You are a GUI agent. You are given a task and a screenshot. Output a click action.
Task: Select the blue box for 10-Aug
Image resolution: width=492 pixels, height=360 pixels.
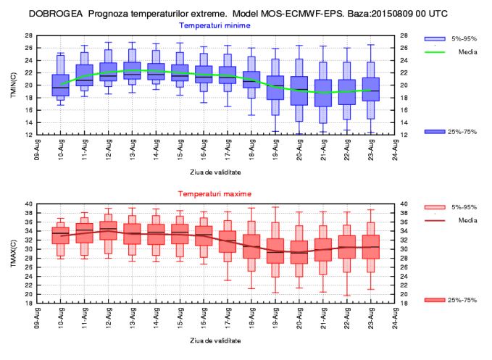(x=60, y=85)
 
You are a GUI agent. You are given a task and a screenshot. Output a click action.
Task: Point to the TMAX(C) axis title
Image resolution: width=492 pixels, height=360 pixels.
(x=12, y=254)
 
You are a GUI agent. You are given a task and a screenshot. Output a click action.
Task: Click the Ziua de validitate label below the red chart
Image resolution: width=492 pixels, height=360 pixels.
(x=215, y=340)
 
